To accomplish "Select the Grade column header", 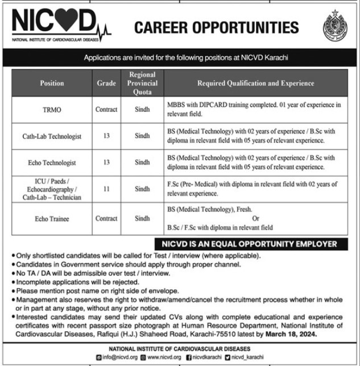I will [x=106, y=83].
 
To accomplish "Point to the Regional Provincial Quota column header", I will [x=142, y=83].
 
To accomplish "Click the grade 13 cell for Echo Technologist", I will [x=106, y=163].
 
